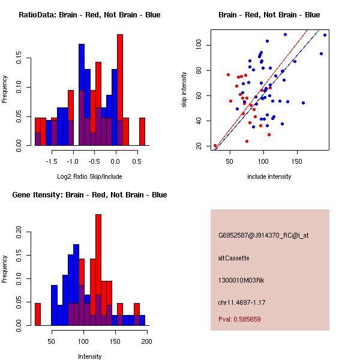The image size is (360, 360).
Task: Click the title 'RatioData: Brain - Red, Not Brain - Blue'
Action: click(89, 15)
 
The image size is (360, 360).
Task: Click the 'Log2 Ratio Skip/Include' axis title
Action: click(89, 176)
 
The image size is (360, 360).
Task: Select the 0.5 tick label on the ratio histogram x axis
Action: click(137, 161)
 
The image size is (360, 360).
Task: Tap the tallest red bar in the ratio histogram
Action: click(120, 90)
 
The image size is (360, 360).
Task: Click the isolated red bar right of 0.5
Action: click(142, 131)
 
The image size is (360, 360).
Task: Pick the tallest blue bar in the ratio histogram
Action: click(82, 95)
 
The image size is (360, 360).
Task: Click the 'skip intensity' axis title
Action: click(184, 89)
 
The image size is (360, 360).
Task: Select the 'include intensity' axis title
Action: click(269, 176)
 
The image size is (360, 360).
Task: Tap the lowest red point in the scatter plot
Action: click(215, 146)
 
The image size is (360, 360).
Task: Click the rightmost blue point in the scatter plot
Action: click(325, 35)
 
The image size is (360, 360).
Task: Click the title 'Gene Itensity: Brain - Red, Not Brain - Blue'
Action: click(89, 195)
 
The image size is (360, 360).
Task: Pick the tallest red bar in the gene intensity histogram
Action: click(98, 270)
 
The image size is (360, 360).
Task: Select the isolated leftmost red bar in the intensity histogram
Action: click(38, 314)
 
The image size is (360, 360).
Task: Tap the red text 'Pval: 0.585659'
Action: click(239, 319)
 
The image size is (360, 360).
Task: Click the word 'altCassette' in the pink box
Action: click(234, 258)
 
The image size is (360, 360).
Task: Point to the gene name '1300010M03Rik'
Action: click(241, 280)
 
